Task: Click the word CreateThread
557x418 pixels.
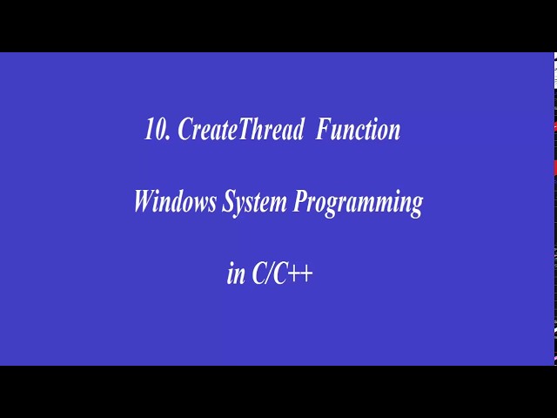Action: point(241,129)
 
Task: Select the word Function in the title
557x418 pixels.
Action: point(358,129)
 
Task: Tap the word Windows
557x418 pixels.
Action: point(175,201)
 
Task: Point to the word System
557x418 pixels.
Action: point(254,203)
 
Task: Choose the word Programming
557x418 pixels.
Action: point(358,203)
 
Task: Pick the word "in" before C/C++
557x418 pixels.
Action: point(236,274)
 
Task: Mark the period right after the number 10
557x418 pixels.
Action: point(168,138)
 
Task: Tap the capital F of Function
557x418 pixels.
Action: point(324,129)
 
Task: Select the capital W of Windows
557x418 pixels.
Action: point(146,201)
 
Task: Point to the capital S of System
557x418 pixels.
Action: point(229,201)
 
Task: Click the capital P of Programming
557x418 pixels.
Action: point(301,201)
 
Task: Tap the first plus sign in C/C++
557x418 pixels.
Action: point(293,274)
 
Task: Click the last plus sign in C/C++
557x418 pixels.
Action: point(306,274)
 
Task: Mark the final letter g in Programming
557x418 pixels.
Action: point(416,207)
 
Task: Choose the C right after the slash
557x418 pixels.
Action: point(280,273)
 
